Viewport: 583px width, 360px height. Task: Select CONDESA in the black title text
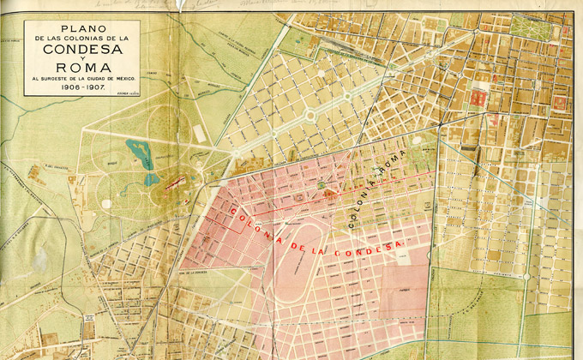[70, 48]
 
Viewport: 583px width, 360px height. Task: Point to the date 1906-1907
[70, 88]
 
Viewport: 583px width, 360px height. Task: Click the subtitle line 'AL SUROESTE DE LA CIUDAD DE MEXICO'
[70, 80]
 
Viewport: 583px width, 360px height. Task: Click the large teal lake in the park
[138, 153]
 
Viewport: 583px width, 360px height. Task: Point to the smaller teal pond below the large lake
[152, 179]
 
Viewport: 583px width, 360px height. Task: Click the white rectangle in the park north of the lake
[199, 134]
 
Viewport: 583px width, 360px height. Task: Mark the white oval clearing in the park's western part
[105, 203]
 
